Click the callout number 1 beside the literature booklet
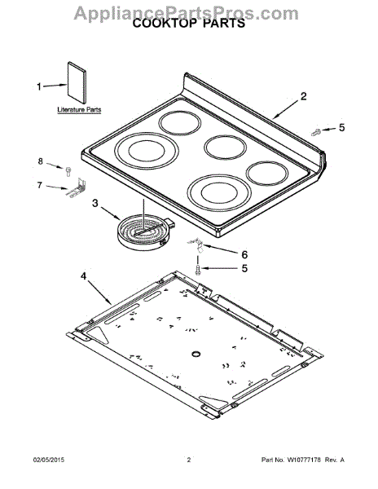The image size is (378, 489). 39,86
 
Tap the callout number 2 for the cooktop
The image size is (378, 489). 304,96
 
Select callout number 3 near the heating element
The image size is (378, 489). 95,203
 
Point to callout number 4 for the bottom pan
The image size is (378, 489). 84,276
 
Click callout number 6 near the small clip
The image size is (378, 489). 244,255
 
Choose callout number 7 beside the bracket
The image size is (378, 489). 39,185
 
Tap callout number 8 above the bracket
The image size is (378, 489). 41,161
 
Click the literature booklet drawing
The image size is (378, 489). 77,82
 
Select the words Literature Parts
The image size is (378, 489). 79,110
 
